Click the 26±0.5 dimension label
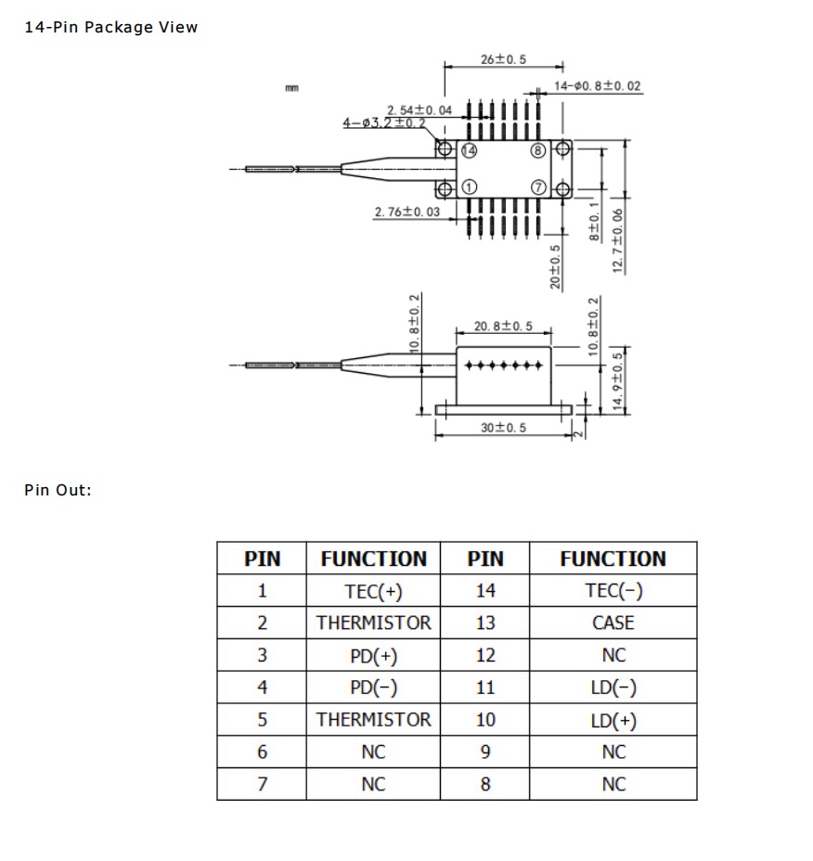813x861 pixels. (x=503, y=59)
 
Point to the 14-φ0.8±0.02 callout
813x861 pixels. (x=597, y=86)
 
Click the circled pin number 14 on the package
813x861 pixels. (x=469, y=150)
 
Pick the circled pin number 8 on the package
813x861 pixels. (x=537, y=150)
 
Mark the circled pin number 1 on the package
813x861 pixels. (x=469, y=187)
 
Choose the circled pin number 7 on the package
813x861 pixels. (x=537, y=187)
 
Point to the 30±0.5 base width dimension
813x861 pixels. (x=503, y=428)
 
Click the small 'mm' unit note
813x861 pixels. (x=292, y=88)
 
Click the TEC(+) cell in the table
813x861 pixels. (x=373, y=591)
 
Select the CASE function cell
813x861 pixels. (x=613, y=623)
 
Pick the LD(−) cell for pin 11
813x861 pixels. (x=613, y=688)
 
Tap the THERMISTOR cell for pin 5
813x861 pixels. (x=373, y=720)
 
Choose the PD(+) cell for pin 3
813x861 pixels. (x=373, y=656)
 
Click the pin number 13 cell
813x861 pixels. (x=485, y=623)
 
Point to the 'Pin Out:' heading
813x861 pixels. (x=58, y=490)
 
